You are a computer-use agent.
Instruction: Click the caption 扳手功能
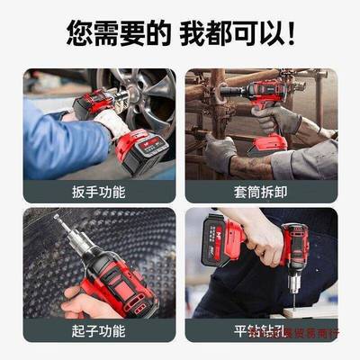point(99,192)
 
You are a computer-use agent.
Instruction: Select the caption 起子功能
point(99,331)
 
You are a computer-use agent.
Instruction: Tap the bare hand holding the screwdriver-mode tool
point(76,301)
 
